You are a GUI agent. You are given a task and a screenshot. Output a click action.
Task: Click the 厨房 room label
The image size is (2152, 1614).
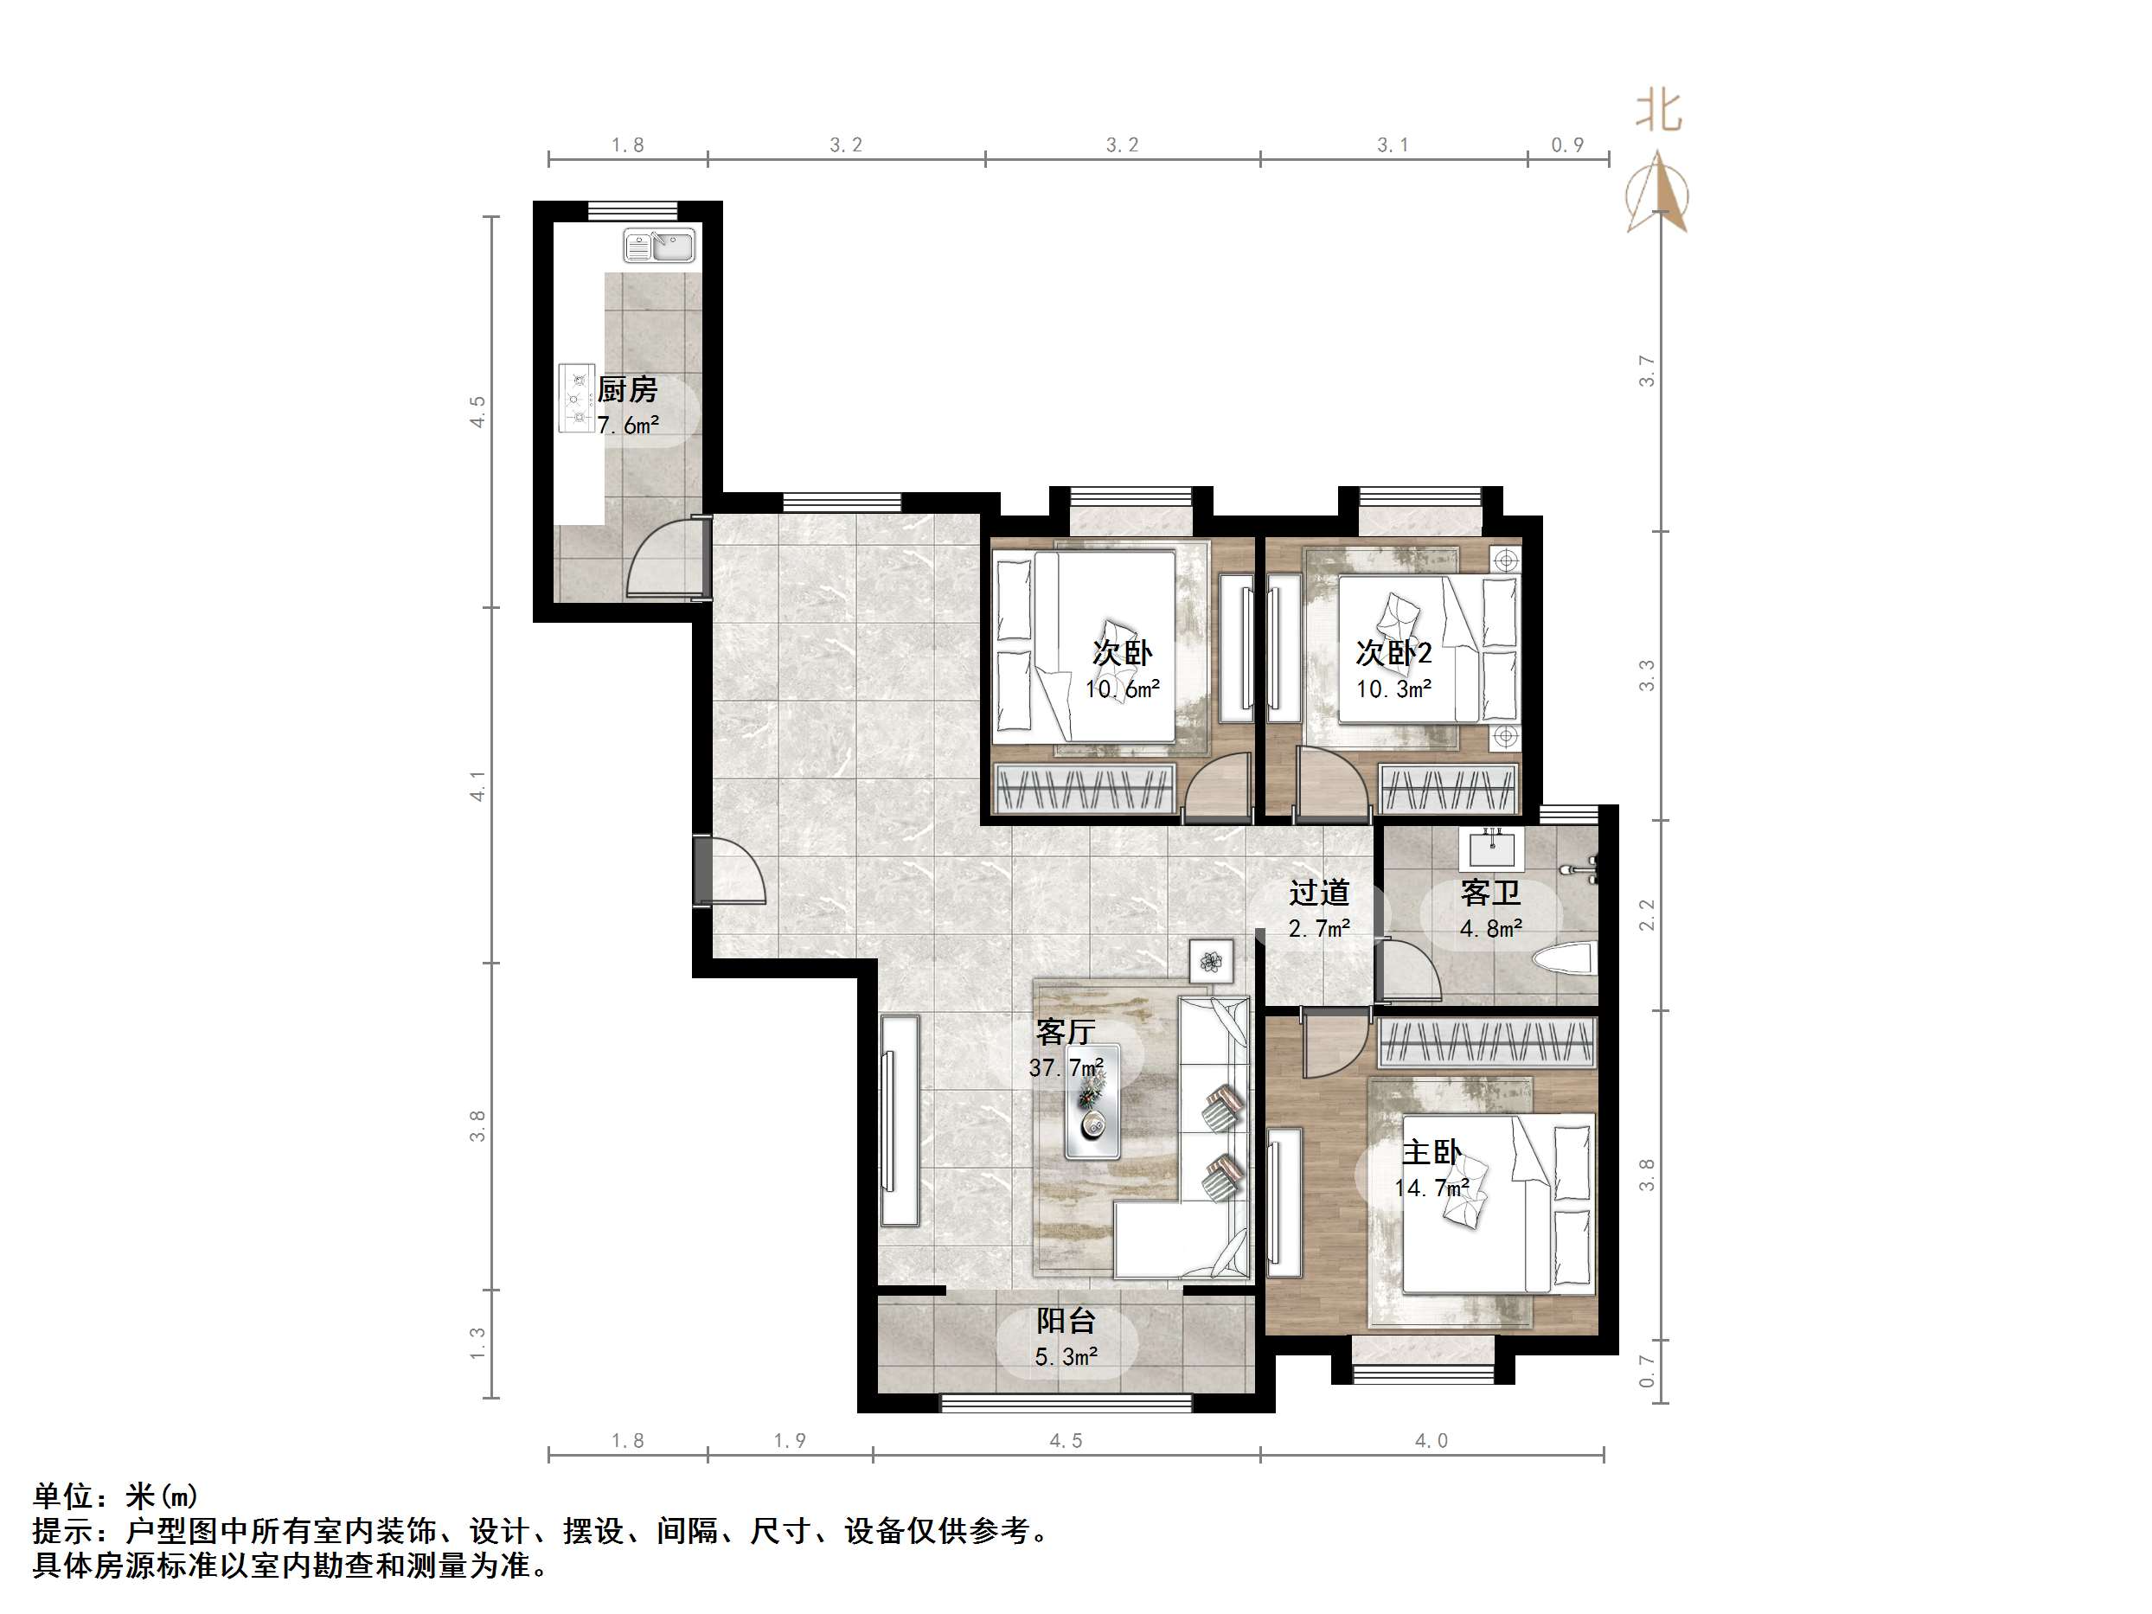click(627, 390)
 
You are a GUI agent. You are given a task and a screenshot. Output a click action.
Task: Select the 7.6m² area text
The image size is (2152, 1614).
click(627, 426)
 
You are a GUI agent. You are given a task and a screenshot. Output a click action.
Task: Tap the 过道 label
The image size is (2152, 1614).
click(1319, 892)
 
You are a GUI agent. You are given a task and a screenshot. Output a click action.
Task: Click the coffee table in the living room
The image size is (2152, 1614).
click(1092, 1101)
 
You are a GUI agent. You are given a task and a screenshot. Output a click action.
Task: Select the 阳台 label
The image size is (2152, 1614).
click(1066, 1320)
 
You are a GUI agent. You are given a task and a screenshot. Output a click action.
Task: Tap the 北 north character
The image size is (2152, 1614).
click(1658, 110)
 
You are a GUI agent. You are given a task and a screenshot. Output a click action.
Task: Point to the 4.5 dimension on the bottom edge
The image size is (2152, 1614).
click(1066, 1441)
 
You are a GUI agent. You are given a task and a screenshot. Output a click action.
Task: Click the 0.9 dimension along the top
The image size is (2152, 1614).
click(1567, 145)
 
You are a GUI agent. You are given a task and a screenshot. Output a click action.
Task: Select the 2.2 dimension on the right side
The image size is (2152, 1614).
click(1646, 914)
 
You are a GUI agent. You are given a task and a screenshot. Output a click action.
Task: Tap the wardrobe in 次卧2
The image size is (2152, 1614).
click(1449, 789)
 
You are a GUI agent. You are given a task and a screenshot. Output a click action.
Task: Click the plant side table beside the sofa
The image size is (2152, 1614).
click(1210, 962)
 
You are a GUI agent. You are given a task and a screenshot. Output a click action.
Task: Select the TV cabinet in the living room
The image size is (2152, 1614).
click(900, 1120)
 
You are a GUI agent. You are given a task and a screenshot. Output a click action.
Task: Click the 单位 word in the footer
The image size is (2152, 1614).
click(63, 1496)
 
